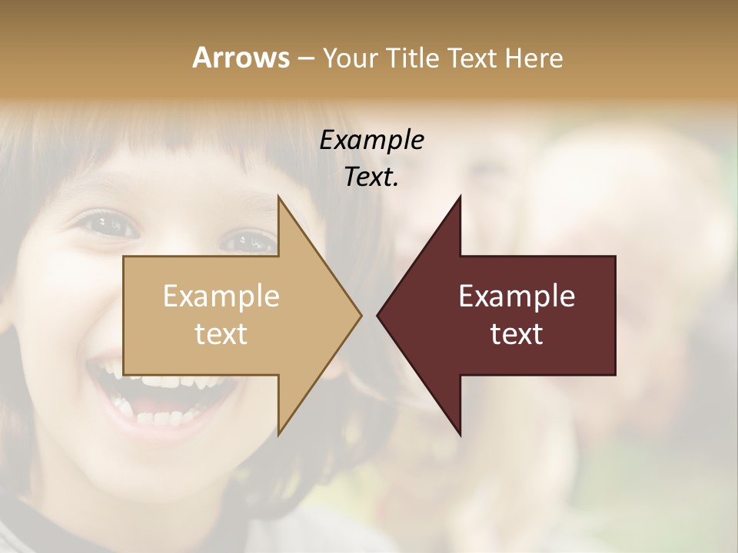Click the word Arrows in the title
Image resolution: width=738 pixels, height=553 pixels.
pyautogui.click(x=240, y=58)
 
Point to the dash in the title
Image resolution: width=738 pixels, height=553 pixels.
pyautogui.click(x=305, y=59)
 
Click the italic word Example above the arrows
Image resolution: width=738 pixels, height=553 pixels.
pyautogui.click(x=372, y=140)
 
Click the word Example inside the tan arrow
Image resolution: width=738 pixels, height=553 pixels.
pyautogui.click(x=221, y=296)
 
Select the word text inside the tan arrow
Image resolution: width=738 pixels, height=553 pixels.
pyautogui.click(x=221, y=333)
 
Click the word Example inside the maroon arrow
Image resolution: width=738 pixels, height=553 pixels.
pyautogui.click(x=517, y=296)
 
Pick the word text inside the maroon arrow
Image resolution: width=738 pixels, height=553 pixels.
pyautogui.click(x=517, y=333)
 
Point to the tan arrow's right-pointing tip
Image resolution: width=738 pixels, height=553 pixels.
pyautogui.click(x=361, y=315)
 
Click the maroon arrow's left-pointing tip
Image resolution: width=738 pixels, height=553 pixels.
pyautogui.click(x=377, y=315)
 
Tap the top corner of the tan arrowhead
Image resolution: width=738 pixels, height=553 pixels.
pyautogui.click(x=278, y=196)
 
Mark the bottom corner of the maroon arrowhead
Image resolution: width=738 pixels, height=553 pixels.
pyautogui.click(x=460, y=435)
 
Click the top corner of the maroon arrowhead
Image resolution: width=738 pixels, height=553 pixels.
pyautogui.click(x=460, y=196)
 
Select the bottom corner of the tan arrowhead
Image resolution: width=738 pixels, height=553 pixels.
pyautogui.click(x=278, y=435)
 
